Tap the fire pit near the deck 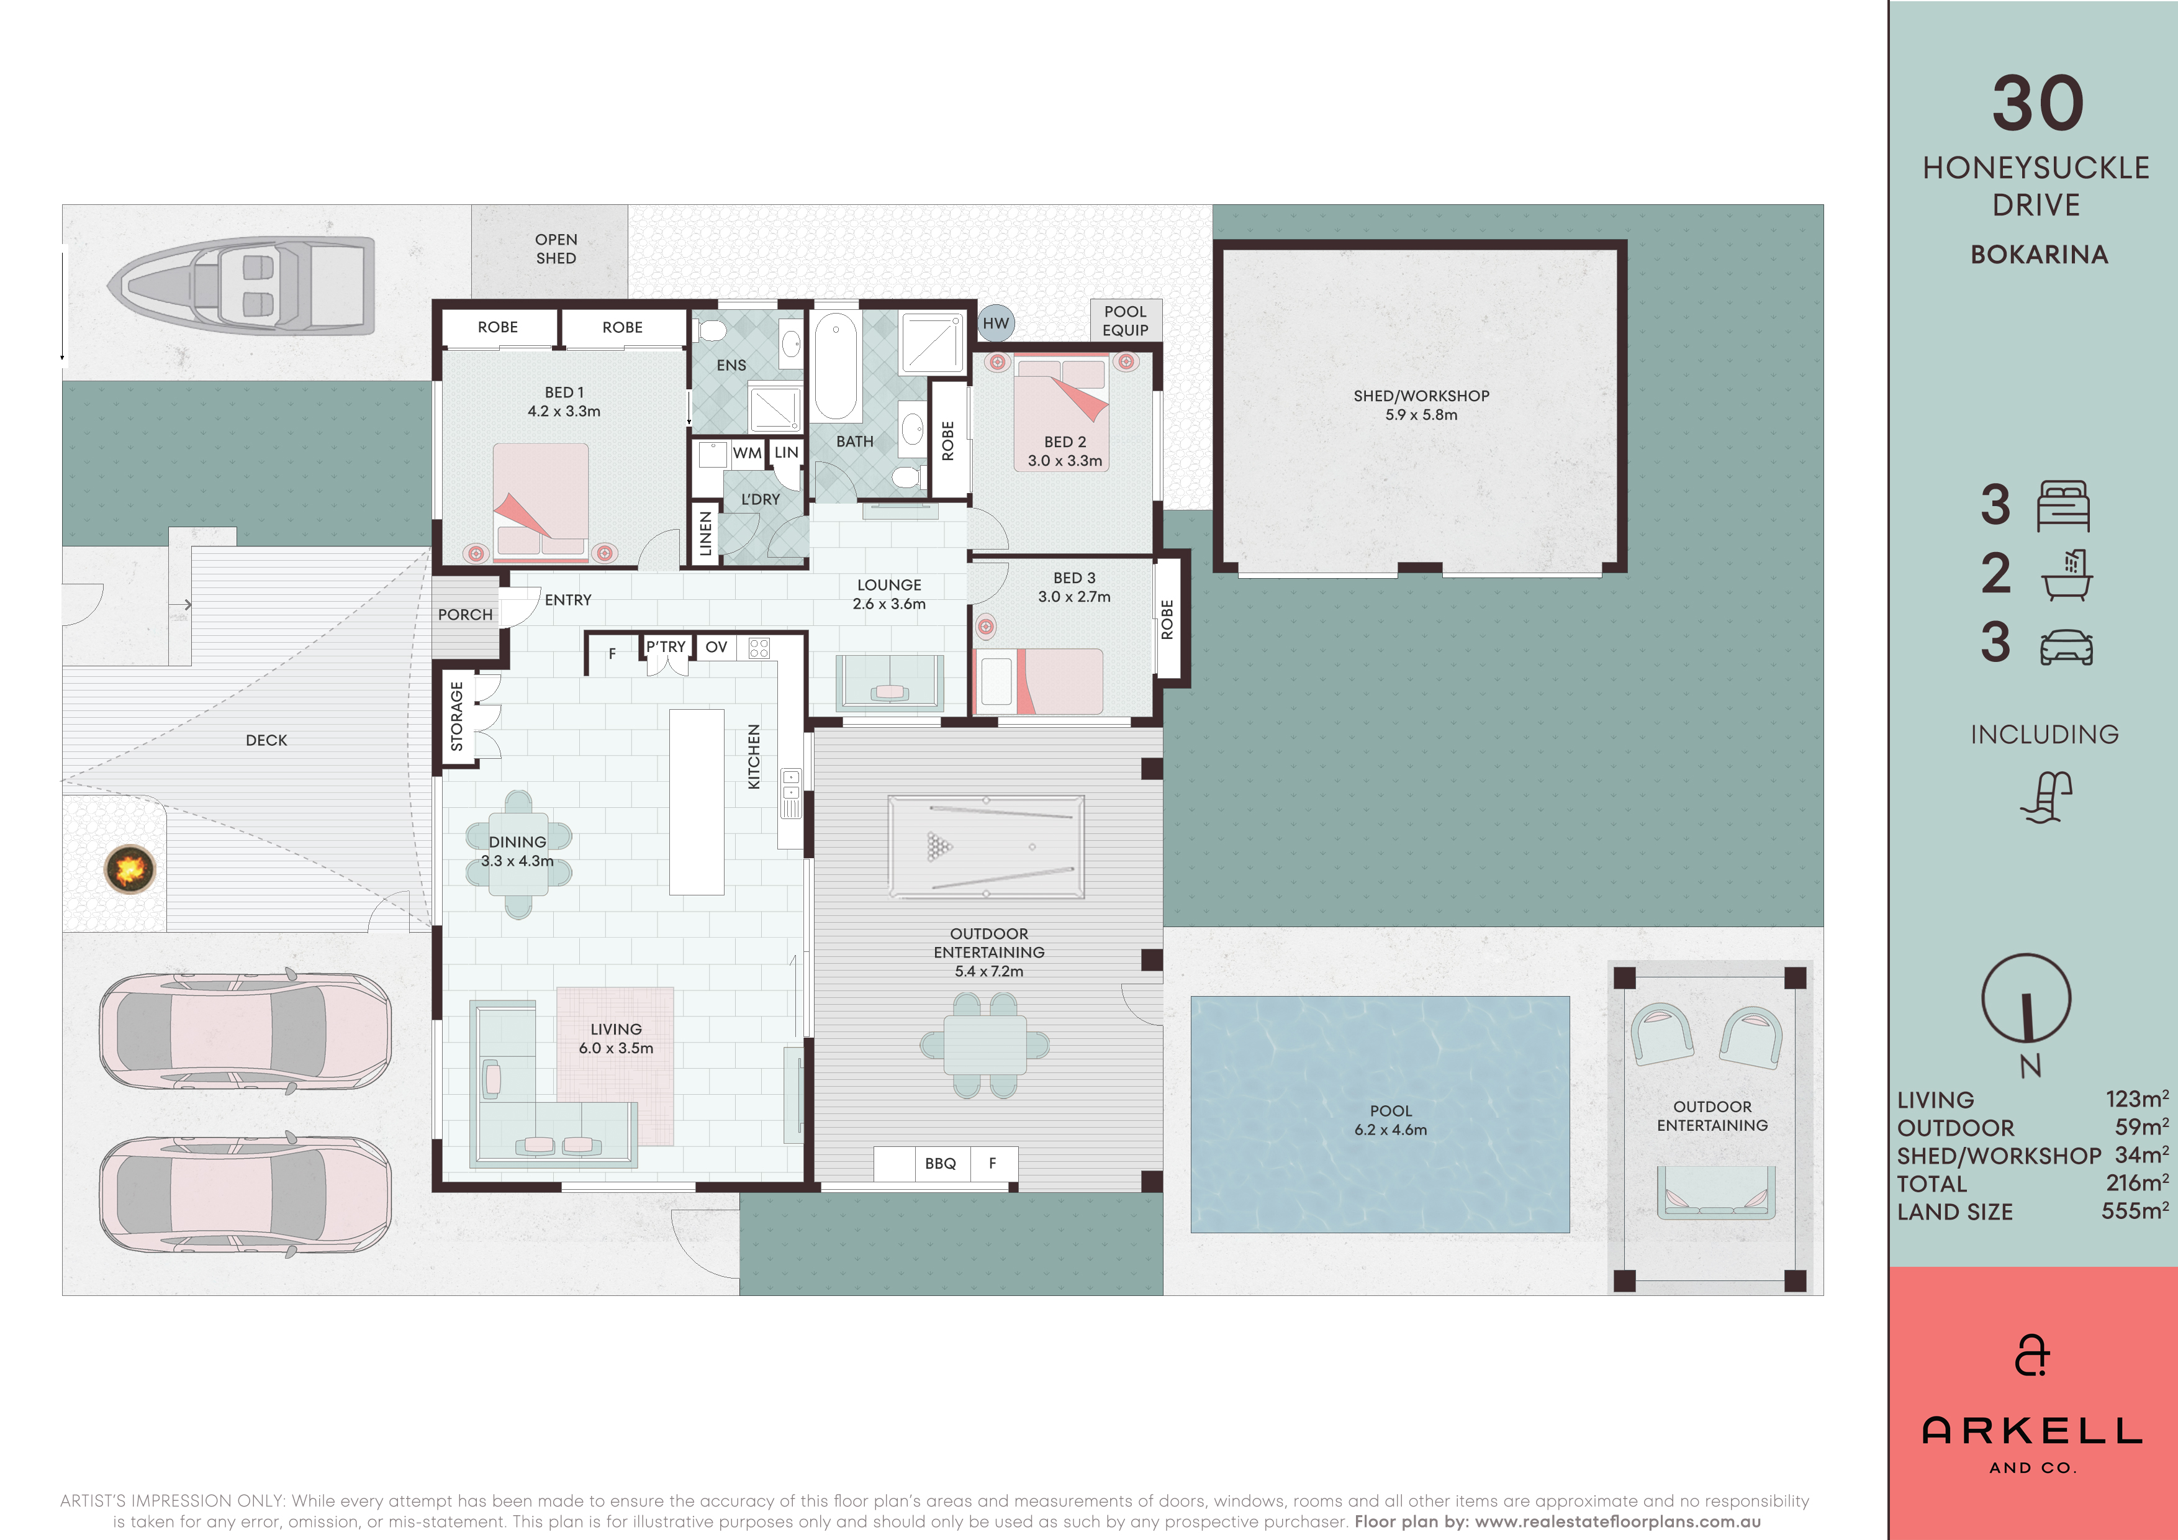tap(130, 868)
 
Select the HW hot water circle tap(995, 324)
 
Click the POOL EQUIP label tap(1125, 320)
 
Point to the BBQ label tap(940, 1163)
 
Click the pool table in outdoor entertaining tap(985, 846)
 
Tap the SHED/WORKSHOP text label tap(1421, 396)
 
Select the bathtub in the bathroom tap(836, 365)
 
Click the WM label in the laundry tap(746, 453)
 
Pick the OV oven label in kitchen tap(716, 647)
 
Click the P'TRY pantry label tap(665, 647)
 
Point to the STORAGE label tap(456, 717)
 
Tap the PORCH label tap(465, 615)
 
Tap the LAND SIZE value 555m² tap(2135, 1211)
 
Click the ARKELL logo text tap(2032, 1430)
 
